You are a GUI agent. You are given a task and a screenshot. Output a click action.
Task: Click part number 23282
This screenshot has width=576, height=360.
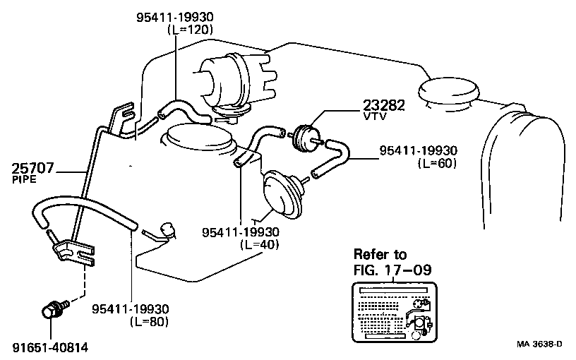pyautogui.click(x=384, y=105)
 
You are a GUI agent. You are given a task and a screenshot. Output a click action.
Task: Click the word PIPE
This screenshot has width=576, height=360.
pyautogui.click(x=24, y=181)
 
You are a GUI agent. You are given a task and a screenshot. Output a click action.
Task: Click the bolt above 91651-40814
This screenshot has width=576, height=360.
pyautogui.click(x=53, y=311)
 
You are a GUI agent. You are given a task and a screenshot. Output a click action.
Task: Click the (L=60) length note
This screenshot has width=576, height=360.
pyautogui.click(x=437, y=162)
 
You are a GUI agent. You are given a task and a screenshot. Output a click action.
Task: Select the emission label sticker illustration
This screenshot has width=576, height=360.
pyautogui.click(x=392, y=311)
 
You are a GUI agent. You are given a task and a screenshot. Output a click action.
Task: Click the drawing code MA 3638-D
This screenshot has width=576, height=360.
pyautogui.click(x=539, y=344)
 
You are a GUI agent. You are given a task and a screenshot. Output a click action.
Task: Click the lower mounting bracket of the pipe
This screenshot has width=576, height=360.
pyautogui.click(x=74, y=251)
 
